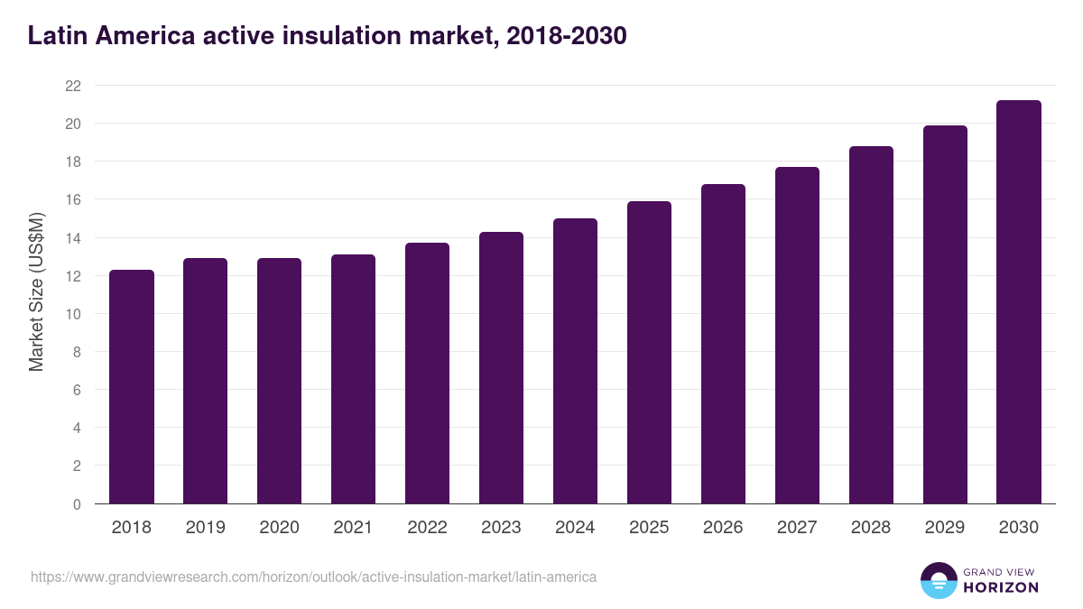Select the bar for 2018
[132, 387]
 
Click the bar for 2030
[1019, 302]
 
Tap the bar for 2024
[575, 361]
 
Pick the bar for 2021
[353, 379]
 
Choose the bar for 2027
[797, 336]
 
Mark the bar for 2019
[206, 381]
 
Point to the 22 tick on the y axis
[73, 86]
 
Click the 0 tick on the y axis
[77, 504]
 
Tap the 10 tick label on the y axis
[73, 314]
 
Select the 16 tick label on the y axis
[73, 199]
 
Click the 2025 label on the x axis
[649, 528]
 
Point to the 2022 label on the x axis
[427, 528]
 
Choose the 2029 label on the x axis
[945, 528]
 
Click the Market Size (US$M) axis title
[37, 291]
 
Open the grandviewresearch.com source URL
[313, 577]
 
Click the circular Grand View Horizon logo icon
[939, 581]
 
